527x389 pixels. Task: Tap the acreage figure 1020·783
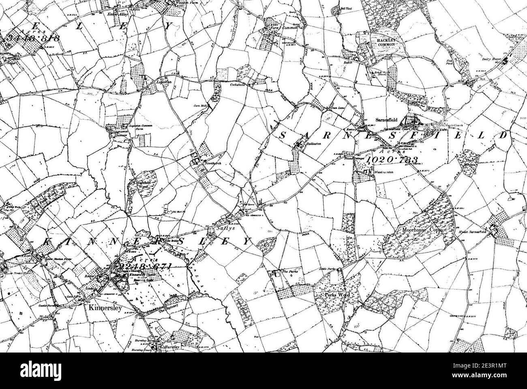pyautogui.click(x=392, y=159)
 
